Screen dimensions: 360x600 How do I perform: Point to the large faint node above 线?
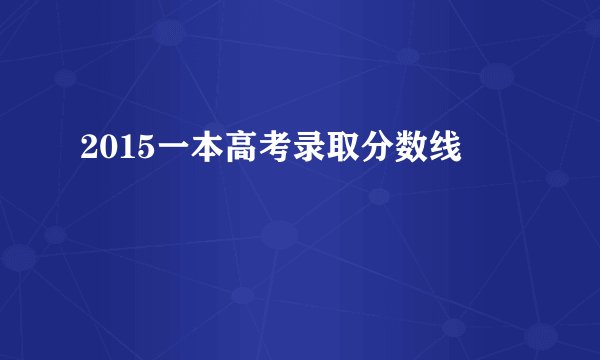click(497, 74)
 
